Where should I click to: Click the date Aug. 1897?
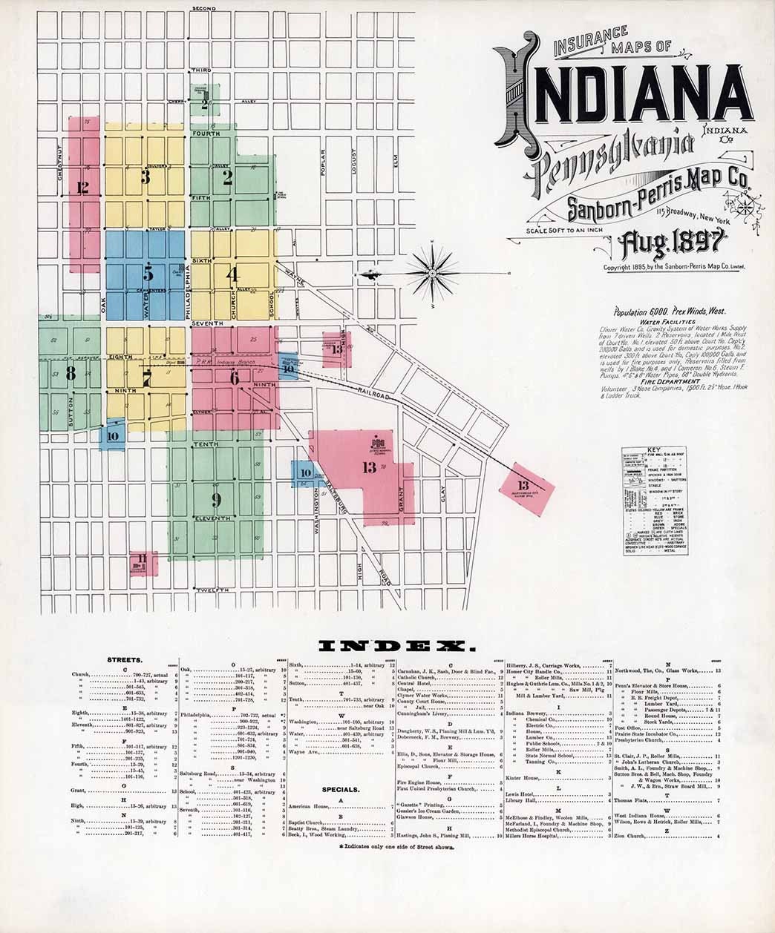(670, 243)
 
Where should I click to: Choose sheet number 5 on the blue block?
(148, 272)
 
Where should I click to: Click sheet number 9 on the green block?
(216, 498)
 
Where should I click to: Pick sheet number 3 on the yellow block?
(145, 177)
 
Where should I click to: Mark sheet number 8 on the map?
(71, 372)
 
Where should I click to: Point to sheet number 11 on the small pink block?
(140, 560)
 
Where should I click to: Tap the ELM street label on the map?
(396, 162)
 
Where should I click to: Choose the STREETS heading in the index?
(125, 659)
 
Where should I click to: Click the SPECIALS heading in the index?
(341, 790)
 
